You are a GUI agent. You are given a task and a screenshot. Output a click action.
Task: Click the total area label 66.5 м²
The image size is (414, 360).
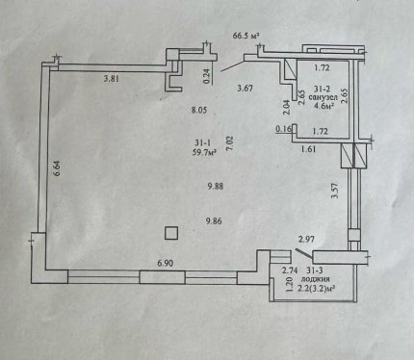(x=246, y=36)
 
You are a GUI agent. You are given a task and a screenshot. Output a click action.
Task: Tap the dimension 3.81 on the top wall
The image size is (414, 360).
(x=112, y=79)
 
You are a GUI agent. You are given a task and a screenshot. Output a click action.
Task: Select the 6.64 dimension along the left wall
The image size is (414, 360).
(x=57, y=168)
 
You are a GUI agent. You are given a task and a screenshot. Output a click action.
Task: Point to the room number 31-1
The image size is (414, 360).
(x=203, y=143)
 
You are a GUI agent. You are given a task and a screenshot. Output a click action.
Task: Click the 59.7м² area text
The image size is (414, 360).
(x=204, y=153)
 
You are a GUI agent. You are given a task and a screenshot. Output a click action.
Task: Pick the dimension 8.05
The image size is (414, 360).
(x=199, y=111)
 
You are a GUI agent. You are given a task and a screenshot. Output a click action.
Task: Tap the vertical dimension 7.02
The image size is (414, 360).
(x=230, y=143)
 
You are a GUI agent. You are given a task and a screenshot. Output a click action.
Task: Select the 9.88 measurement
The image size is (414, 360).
(x=215, y=186)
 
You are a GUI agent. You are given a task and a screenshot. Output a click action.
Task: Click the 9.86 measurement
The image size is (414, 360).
(x=214, y=221)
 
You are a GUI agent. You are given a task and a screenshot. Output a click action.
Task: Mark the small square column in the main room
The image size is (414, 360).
(x=171, y=233)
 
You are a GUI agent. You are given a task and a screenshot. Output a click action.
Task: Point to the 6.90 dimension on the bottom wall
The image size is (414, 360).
(x=166, y=264)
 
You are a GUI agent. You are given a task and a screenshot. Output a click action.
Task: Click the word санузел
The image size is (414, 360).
(x=323, y=97)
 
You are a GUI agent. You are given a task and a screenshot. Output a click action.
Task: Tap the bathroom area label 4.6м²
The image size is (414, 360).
(x=323, y=106)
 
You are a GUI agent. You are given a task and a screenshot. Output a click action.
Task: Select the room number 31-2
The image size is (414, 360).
(x=322, y=89)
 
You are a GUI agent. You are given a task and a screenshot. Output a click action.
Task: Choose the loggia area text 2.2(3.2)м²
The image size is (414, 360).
(x=317, y=289)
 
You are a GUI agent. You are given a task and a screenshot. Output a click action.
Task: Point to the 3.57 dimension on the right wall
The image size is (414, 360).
(x=335, y=191)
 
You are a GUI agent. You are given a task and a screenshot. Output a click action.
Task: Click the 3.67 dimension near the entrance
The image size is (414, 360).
(x=245, y=88)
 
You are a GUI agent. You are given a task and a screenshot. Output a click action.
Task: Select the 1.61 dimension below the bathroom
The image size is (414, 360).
(x=309, y=149)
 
